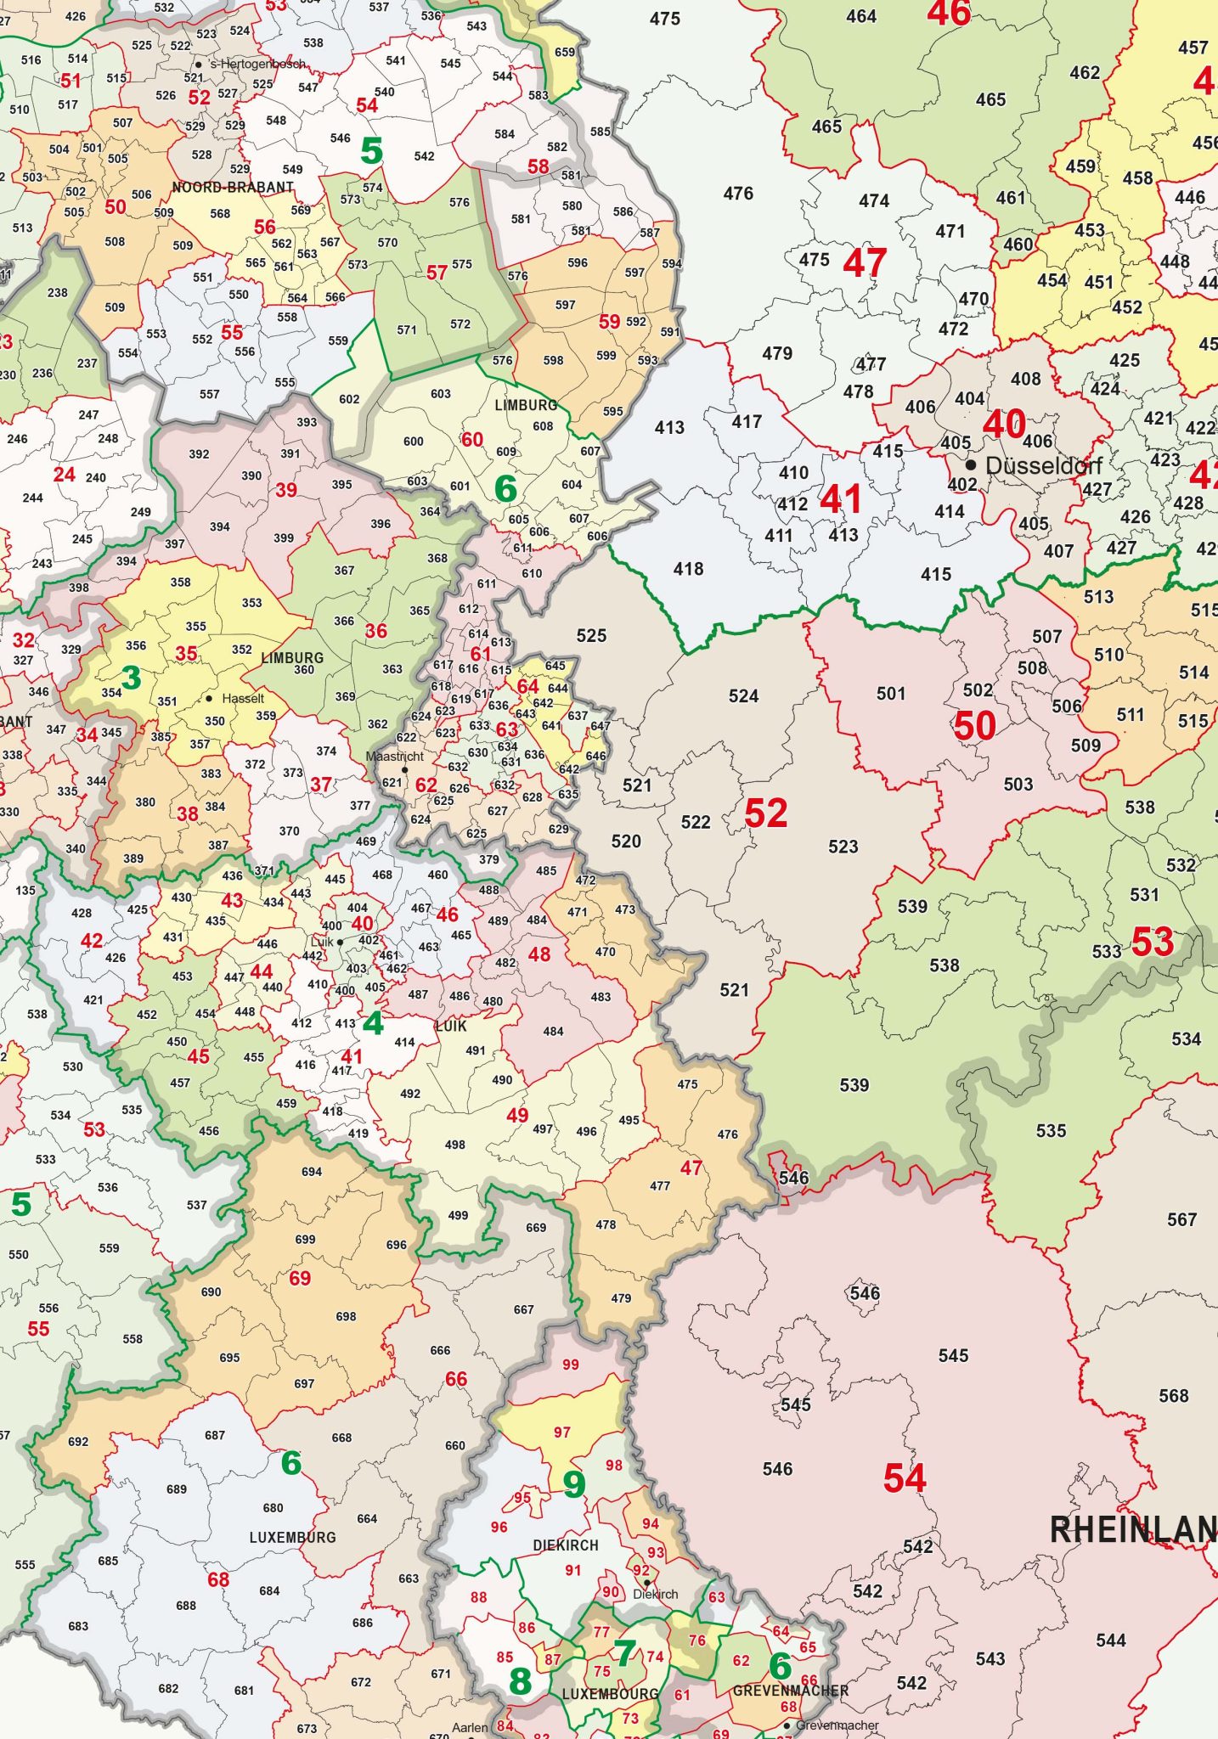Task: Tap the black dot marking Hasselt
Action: (209, 698)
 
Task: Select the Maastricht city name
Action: (394, 756)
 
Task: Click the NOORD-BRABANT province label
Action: (233, 187)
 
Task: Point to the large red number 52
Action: (765, 813)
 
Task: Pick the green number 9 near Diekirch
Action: (574, 1484)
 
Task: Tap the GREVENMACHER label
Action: (790, 1691)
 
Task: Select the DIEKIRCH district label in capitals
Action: (566, 1545)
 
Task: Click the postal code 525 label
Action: (591, 635)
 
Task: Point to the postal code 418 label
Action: (688, 569)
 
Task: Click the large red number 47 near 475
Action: (865, 263)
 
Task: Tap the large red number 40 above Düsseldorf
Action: (1003, 424)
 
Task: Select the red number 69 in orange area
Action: (300, 1279)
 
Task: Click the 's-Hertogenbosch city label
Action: (257, 64)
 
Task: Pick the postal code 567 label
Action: (1181, 1220)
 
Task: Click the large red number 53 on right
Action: (1152, 943)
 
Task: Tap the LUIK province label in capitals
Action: (451, 1026)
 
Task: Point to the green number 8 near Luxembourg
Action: (520, 1681)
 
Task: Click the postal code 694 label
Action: (312, 1172)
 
